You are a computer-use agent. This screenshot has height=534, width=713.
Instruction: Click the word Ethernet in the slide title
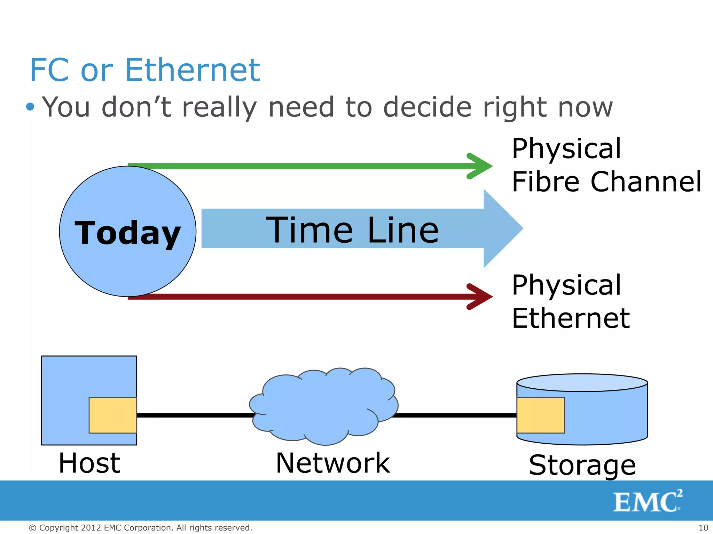[x=192, y=71]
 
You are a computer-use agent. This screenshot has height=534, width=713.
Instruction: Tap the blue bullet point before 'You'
[x=30, y=106]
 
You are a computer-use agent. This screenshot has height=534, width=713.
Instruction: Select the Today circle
[x=127, y=232]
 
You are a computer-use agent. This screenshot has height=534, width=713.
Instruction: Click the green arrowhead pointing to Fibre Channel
[x=480, y=166]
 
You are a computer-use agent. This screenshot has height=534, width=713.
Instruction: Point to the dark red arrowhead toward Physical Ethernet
[x=480, y=297]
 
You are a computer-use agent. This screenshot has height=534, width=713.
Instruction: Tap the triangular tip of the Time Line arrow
[x=503, y=228]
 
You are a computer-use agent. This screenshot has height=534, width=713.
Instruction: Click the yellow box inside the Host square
[x=113, y=415]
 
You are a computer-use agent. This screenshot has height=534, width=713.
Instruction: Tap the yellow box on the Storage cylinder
[x=540, y=415]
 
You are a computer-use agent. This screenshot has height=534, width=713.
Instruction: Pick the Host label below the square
[x=89, y=463]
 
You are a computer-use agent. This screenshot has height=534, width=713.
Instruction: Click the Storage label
[x=582, y=465]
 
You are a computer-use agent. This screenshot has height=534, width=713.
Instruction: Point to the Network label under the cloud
[x=333, y=463]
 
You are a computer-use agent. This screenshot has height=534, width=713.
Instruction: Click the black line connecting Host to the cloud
[x=195, y=415]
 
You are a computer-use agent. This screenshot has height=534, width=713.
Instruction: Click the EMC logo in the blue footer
[x=647, y=501]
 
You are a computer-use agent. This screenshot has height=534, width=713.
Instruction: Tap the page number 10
[x=703, y=528]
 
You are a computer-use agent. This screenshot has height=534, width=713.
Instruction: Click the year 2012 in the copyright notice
[x=91, y=528]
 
